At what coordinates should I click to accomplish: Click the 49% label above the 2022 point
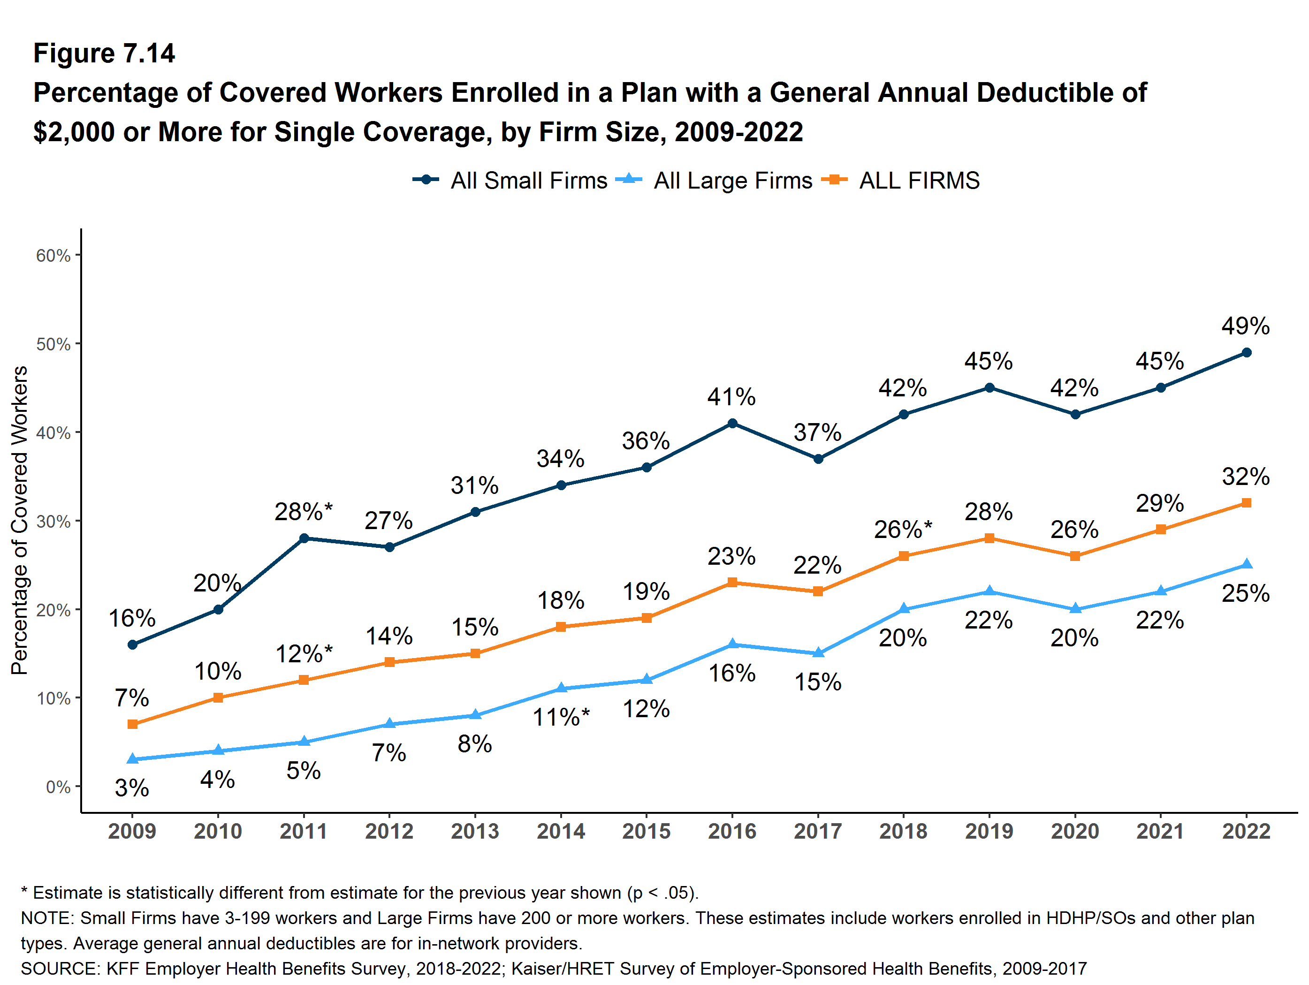coord(1245,326)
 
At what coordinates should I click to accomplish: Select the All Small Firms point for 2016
coord(732,423)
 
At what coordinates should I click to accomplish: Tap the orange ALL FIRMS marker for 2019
coord(989,538)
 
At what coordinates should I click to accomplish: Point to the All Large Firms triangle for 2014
coord(561,688)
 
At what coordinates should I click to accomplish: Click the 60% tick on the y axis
coord(53,256)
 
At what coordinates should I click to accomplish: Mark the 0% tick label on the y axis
coord(58,787)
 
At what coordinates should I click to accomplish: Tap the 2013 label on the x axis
coord(475,831)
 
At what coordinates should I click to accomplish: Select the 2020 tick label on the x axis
coord(1075,831)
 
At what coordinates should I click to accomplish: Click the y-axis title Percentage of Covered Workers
coord(20,520)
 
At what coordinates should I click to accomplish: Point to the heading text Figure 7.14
coord(104,53)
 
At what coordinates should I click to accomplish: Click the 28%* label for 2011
coord(304,512)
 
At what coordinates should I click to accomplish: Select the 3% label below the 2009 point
coord(132,788)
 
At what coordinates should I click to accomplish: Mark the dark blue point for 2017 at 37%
coord(818,458)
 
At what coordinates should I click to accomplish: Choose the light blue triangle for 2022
coord(1246,564)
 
